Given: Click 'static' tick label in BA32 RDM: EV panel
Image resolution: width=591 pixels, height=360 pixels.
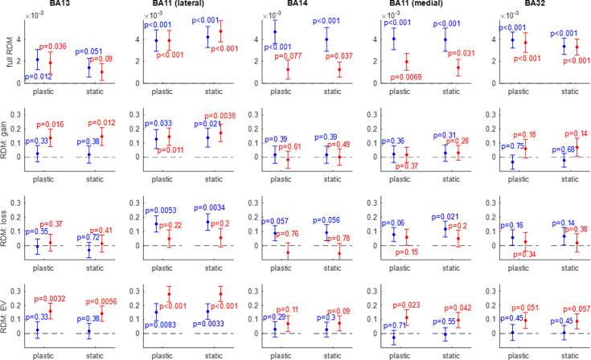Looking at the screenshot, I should [568, 353].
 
